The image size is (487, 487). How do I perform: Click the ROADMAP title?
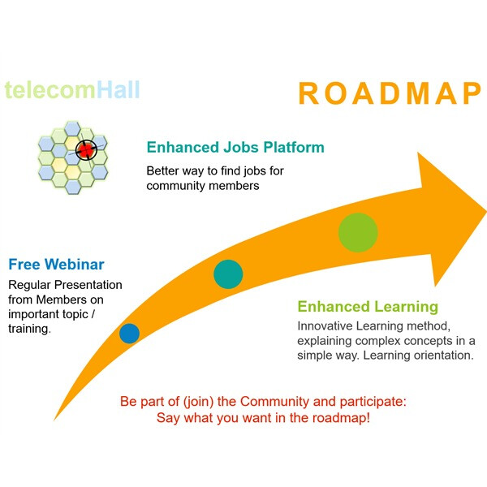(x=390, y=93)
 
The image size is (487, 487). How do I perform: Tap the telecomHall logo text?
(x=72, y=88)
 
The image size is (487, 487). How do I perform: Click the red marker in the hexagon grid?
(x=84, y=149)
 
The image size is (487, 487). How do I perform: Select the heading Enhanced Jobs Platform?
(x=235, y=148)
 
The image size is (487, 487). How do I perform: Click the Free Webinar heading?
(x=56, y=265)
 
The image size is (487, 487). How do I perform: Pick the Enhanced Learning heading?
(x=368, y=307)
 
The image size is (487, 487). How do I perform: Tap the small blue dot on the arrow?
(x=129, y=333)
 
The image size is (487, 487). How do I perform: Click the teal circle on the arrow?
(x=228, y=274)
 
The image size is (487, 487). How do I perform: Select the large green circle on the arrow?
(x=358, y=233)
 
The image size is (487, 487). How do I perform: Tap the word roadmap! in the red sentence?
(x=344, y=419)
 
